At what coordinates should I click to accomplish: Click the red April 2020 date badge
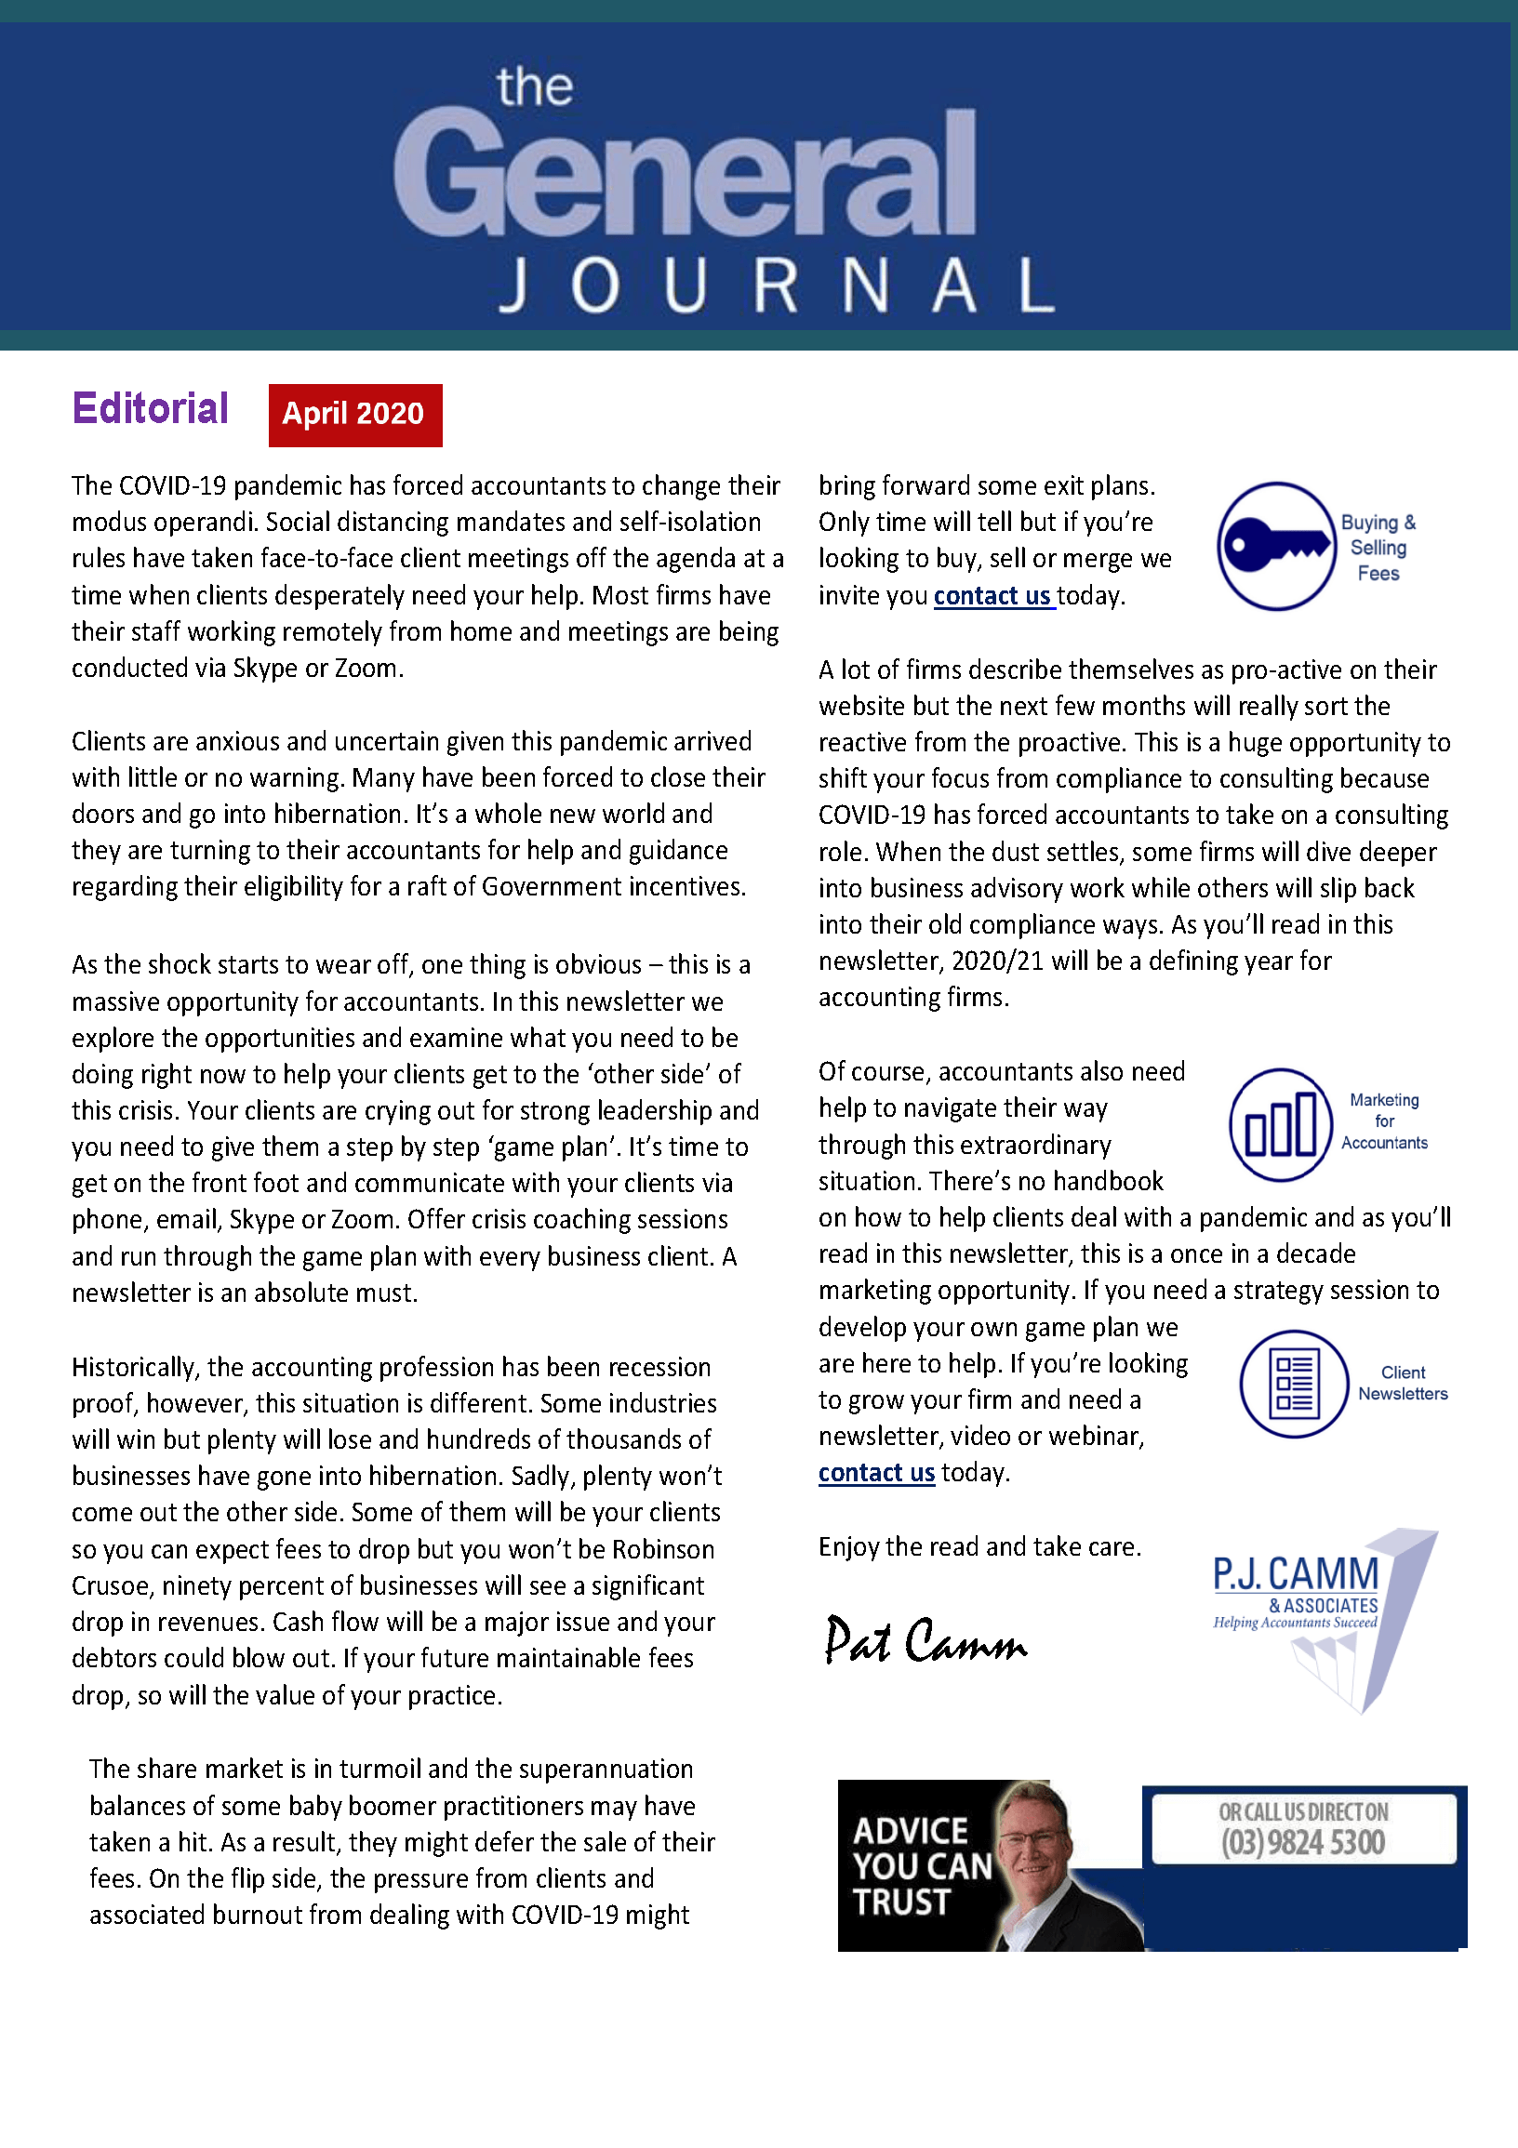click(x=354, y=415)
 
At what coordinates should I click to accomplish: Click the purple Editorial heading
click(x=150, y=409)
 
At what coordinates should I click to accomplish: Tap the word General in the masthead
click(x=685, y=174)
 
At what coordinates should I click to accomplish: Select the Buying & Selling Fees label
click(x=1378, y=548)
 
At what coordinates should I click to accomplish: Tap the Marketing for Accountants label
click(x=1384, y=1120)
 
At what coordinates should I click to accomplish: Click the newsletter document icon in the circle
click(x=1295, y=1384)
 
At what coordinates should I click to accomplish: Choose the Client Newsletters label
click(x=1403, y=1383)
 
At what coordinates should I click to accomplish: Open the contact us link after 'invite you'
click(x=994, y=596)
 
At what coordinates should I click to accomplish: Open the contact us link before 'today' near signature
click(x=876, y=1473)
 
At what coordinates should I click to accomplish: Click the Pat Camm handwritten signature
click(x=925, y=1641)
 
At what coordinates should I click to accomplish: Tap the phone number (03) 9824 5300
click(x=1303, y=1842)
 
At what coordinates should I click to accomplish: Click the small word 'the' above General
click(x=535, y=88)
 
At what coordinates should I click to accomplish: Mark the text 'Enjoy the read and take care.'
click(x=979, y=1546)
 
